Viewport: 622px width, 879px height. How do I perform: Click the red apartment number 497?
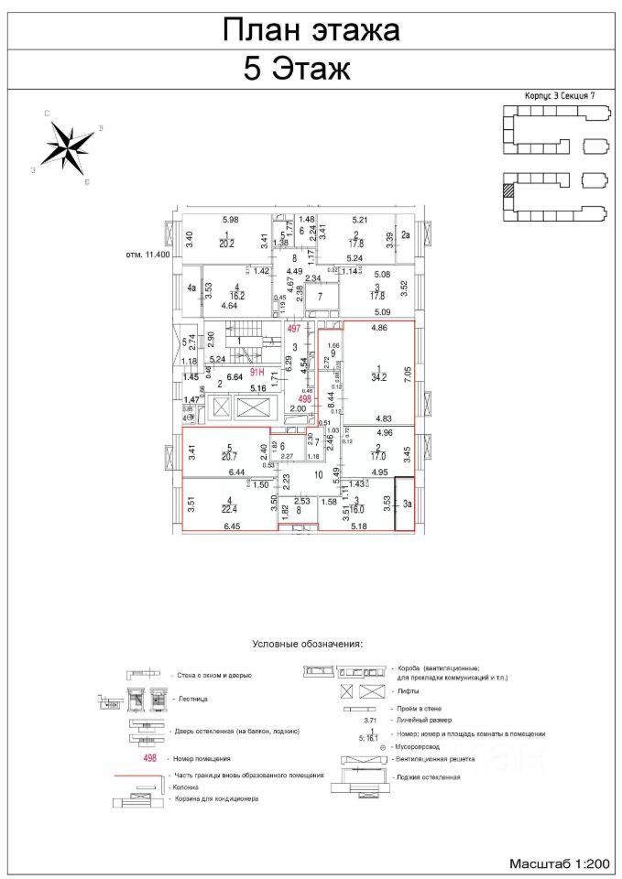tap(294, 328)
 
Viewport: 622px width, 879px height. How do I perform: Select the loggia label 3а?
tap(404, 502)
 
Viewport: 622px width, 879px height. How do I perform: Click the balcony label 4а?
tap(191, 288)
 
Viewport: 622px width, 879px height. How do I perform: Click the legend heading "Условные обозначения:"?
tap(311, 644)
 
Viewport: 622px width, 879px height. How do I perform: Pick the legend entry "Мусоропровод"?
tap(424, 746)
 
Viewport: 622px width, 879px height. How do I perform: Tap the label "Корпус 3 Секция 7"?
tap(559, 94)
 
